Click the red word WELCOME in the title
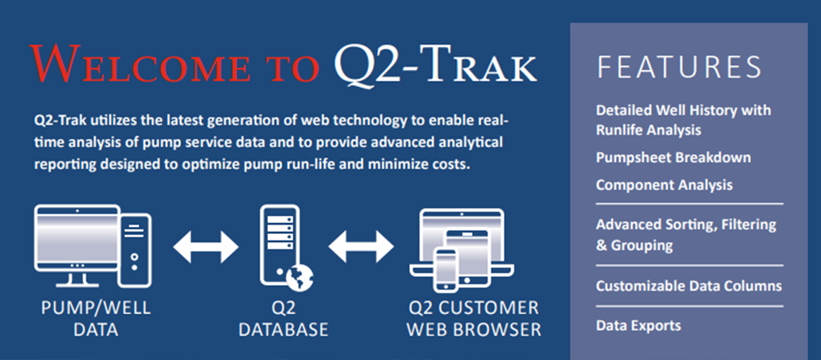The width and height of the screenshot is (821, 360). pos(139,63)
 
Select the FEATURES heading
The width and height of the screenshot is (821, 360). pos(679,66)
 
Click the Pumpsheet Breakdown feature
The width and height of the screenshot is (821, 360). pos(673,158)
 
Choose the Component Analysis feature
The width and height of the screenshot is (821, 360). pos(665,185)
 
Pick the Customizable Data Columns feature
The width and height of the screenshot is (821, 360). pos(688,287)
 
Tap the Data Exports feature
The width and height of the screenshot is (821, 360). pos(638,325)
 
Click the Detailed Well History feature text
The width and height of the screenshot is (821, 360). pos(683,120)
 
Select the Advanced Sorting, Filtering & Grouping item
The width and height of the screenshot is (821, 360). pos(686,235)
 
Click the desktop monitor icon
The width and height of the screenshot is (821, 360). pos(78,245)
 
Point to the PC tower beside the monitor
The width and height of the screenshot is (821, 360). pos(135,250)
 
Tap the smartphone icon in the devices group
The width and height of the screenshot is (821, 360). pos(446,270)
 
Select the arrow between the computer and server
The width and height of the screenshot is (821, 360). pos(206,246)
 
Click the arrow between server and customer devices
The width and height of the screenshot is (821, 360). pos(362,246)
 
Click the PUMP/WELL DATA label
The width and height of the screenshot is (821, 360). pos(96,319)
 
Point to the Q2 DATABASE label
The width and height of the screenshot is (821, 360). pos(283,319)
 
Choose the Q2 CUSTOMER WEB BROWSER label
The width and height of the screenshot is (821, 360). pos(474,319)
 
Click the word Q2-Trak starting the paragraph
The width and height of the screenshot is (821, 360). pos(60,121)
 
